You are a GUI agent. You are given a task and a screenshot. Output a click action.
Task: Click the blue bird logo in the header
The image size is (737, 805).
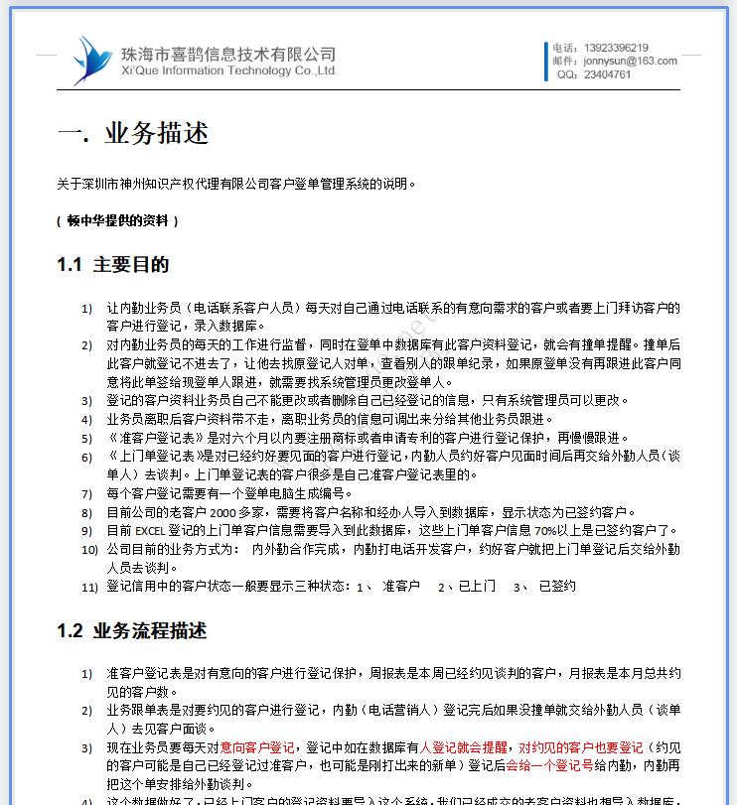point(91,60)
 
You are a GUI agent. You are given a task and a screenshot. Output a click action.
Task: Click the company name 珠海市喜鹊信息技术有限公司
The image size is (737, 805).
point(227,54)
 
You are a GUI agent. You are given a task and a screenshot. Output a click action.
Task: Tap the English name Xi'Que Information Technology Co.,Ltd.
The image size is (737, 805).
point(227,71)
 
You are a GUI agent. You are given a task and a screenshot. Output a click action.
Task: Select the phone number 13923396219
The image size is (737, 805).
point(616,48)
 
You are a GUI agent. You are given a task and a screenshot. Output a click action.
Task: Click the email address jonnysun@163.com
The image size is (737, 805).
point(630,61)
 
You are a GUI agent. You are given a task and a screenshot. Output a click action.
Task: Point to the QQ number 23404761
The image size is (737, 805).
point(607,74)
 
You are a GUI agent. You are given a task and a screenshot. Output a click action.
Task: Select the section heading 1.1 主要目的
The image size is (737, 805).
point(112,265)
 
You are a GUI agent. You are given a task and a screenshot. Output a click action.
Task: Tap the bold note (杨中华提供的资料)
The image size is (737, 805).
point(118,220)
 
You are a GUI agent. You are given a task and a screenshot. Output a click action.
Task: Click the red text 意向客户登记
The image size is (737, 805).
point(257,747)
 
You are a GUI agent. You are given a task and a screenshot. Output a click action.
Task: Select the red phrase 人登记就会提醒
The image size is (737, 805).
point(464,747)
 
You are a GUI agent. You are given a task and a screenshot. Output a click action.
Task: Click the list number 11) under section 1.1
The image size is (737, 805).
point(89,587)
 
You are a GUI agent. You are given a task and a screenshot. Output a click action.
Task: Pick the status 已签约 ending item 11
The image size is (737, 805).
point(557,587)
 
